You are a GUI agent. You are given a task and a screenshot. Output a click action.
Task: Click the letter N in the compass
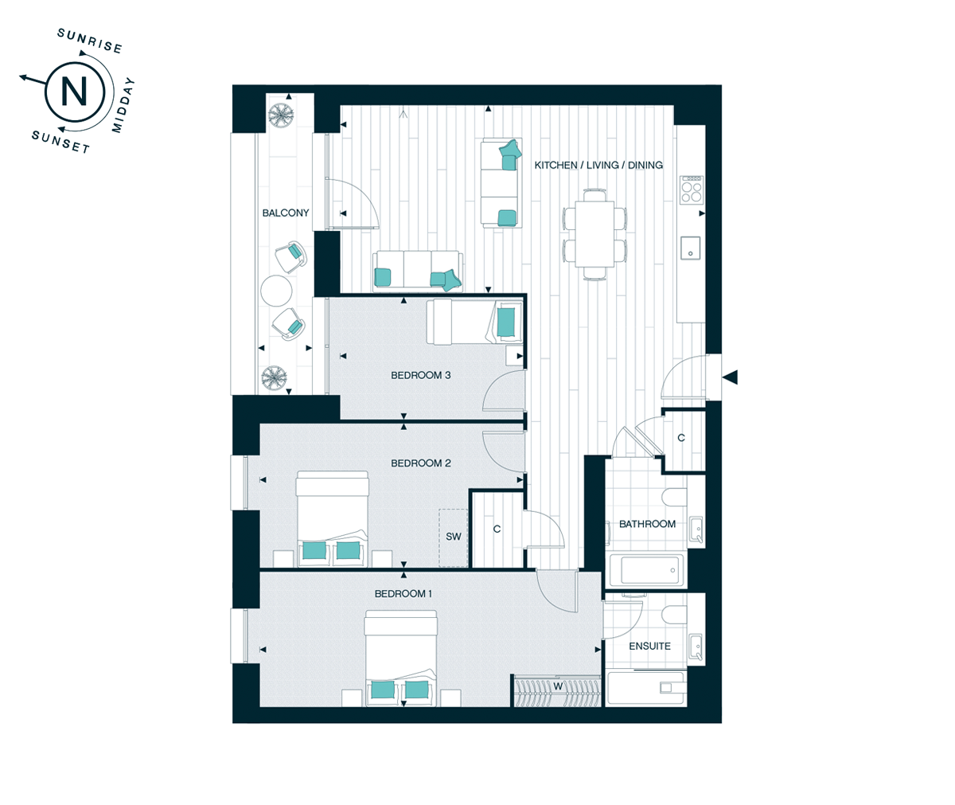coord(74,92)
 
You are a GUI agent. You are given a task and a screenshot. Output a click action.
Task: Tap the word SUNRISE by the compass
coord(90,41)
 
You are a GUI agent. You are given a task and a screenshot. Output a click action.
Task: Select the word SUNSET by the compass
coord(60,142)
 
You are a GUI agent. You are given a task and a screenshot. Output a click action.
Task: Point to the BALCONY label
coord(286,213)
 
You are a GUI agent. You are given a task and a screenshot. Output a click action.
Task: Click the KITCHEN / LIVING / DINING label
coord(598,165)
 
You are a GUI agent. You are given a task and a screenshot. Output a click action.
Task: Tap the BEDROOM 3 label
coord(421,375)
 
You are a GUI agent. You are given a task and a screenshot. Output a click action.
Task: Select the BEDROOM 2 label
coord(421,463)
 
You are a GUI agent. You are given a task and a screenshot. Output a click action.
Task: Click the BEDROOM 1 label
coord(403,593)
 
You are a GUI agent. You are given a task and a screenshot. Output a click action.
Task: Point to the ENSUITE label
coord(649,647)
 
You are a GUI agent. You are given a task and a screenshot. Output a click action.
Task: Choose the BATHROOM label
coord(647,524)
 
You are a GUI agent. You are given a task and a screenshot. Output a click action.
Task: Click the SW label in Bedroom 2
coord(454,537)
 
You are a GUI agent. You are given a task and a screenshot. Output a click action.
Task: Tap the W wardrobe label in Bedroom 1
coord(558,686)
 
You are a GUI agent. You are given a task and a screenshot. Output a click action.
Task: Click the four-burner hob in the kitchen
coord(691,190)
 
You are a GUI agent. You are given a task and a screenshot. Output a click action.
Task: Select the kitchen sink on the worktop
coord(690,248)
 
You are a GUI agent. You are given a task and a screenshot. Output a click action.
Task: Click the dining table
coord(594,234)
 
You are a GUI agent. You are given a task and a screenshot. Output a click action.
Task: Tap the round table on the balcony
coord(276,291)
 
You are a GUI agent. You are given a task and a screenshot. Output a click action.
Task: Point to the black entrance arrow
coord(730,377)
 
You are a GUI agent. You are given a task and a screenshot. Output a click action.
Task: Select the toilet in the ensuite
coord(674,615)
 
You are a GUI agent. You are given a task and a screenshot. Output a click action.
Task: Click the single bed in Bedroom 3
coord(474,321)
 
